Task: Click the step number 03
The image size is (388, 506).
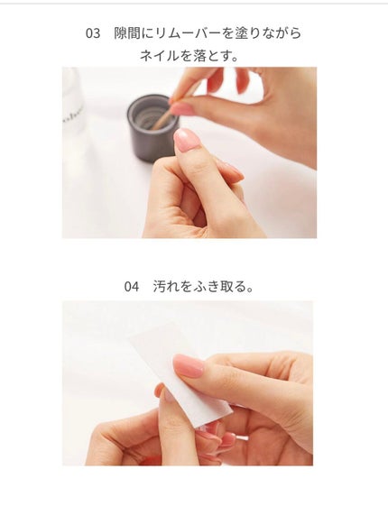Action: pyautogui.click(x=93, y=33)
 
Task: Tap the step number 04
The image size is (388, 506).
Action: pyautogui.click(x=132, y=287)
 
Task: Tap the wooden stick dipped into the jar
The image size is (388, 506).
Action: pyautogui.click(x=163, y=115)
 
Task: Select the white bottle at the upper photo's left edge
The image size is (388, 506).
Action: pyautogui.click(x=73, y=104)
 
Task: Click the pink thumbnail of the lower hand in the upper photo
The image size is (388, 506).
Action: pyautogui.click(x=187, y=139)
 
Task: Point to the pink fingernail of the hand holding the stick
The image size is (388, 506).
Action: pyautogui.click(x=182, y=108)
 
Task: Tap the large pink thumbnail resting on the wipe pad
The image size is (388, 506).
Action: pyautogui.click(x=189, y=364)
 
